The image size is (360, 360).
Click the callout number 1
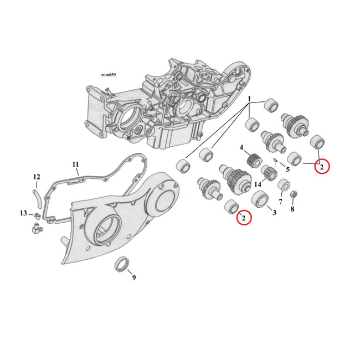(250, 100)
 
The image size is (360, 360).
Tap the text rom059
(108, 75)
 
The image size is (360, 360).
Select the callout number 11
(76, 164)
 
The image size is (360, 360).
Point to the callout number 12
(37, 177)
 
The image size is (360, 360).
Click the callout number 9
(133, 277)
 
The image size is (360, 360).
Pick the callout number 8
(292, 209)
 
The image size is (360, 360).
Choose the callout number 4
(241, 147)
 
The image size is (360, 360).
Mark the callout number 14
(258, 184)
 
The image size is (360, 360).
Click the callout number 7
(280, 202)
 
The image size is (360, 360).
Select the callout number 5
(287, 169)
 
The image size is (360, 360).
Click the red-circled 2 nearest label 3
(243, 218)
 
